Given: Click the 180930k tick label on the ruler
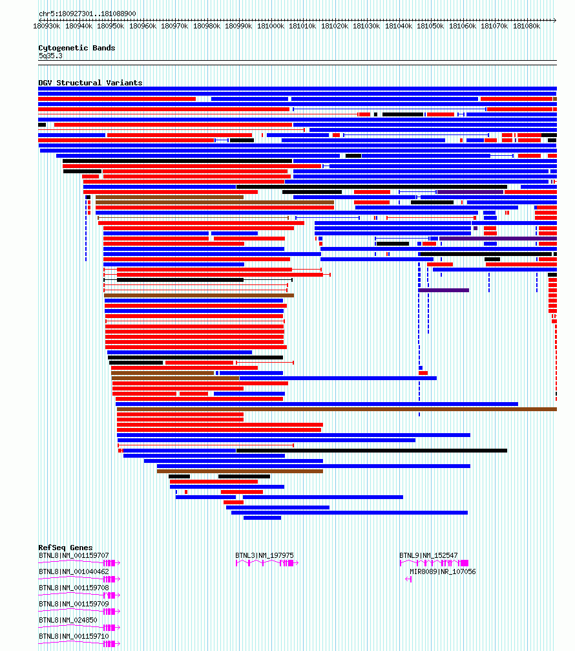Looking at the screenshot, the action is click(47, 26).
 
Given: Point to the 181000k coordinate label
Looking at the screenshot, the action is click(271, 26).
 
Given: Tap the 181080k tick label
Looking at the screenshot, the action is click(527, 26).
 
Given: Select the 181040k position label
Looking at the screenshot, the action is click(399, 26).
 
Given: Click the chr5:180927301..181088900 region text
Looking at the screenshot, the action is click(87, 14).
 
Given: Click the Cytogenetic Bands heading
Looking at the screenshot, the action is click(77, 48).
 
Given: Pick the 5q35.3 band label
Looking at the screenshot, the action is click(50, 56).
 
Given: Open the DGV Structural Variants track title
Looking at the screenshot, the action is click(90, 83).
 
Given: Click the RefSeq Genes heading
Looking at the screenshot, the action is click(65, 548).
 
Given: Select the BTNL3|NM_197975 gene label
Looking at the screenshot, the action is click(264, 555).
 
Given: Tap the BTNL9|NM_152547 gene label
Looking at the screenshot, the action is click(428, 555).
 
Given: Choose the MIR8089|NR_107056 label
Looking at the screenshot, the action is click(443, 571).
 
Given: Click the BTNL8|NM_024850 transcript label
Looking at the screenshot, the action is click(68, 620).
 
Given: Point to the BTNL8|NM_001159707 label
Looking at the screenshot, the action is click(74, 555).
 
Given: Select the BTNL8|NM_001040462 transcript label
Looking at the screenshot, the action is click(74, 571).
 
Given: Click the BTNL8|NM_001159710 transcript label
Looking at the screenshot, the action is click(74, 637).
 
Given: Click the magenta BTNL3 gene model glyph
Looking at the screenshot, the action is click(267, 563).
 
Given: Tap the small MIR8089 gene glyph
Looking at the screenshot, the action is click(409, 579).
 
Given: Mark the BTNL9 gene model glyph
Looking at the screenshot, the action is click(434, 563).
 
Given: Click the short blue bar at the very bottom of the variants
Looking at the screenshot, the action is click(262, 518).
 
